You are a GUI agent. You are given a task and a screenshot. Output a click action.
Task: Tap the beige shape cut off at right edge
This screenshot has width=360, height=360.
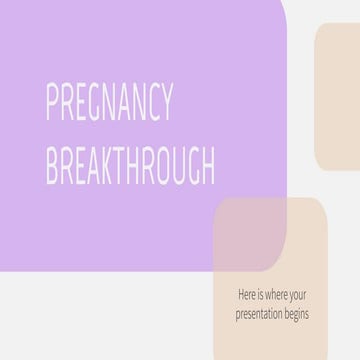(x=338, y=97)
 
